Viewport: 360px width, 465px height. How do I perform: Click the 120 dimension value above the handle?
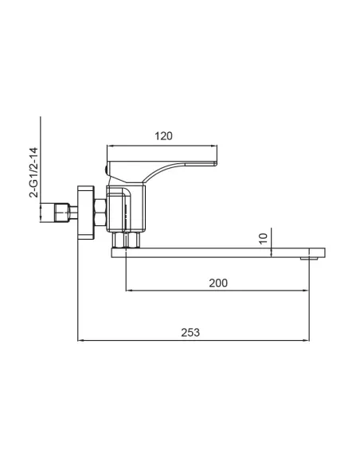(162, 136)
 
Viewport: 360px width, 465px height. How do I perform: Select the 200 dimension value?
(218, 283)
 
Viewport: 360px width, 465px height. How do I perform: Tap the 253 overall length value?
(190, 331)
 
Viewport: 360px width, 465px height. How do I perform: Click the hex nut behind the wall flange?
(100, 213)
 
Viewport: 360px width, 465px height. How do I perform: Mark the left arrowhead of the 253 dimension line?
(80, 341)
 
